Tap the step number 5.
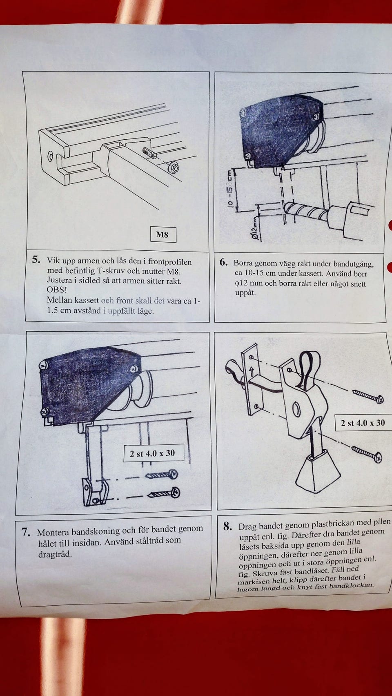[36, 259]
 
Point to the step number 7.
[26, 532]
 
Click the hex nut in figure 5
[174, 168]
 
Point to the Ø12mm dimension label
[254, 232]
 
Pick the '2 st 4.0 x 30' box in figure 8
[363, 423]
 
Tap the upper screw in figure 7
[161, 475]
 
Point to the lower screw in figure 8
[367, 453]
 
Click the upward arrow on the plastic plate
[251, 371]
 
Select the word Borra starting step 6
[243, 263]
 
